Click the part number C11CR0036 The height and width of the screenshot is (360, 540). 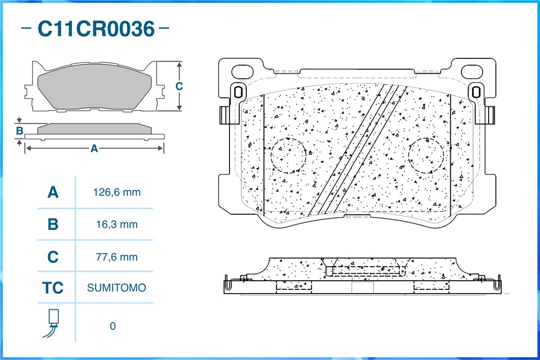[96, 29]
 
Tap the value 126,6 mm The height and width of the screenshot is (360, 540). [117, 192]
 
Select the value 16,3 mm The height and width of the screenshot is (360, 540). [117, 225]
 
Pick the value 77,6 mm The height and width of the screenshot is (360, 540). [117, 257]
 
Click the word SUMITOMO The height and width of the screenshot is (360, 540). [117, 288]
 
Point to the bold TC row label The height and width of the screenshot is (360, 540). [53, 288]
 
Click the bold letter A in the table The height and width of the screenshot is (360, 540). [53, 192]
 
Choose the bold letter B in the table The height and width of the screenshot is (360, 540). [53, 225]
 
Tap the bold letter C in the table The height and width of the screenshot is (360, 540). [53, 257]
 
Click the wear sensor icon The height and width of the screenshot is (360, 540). [52, 323]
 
